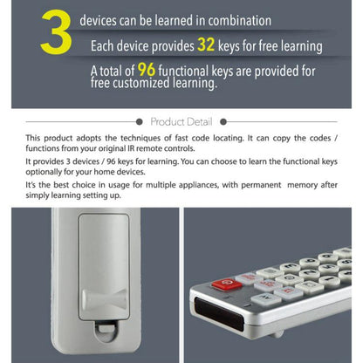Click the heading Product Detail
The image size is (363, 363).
[x=181, y=122]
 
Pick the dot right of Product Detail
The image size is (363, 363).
[x=223, y=122]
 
